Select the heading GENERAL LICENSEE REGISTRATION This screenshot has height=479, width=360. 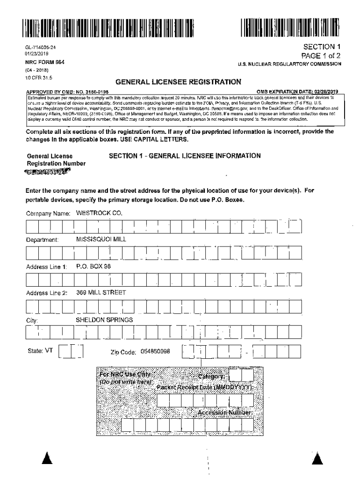click(178, 82)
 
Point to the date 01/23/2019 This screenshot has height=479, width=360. click(36, 54)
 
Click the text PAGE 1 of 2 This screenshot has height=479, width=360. click(317, 55)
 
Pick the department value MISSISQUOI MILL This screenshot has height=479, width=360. click(101, 239)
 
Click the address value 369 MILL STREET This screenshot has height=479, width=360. click(101, 293)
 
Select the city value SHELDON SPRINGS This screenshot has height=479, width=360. click(104, 319)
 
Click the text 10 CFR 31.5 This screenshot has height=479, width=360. click(39, 77)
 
